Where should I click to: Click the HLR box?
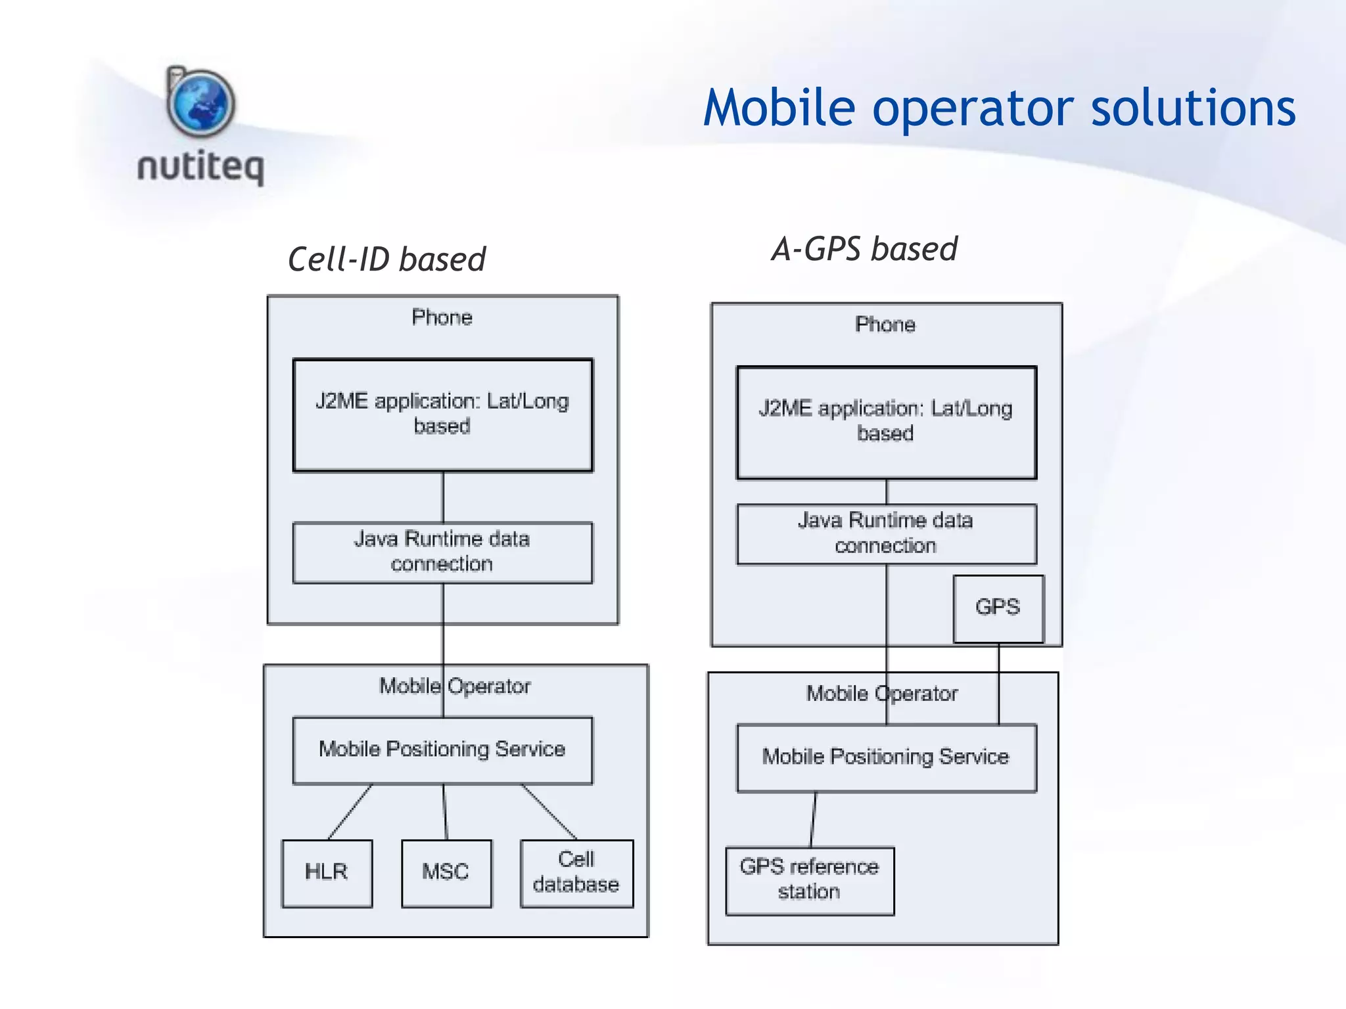point(327,873)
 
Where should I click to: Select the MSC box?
point(446,873)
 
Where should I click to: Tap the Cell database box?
point(576,873)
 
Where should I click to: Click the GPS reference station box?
point(810,880)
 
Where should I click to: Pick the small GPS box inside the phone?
point(998,608)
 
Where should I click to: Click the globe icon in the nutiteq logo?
point(201,104)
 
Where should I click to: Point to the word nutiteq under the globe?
point(201,167)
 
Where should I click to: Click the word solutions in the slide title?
point(1193,108)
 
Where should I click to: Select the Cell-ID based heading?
point(386,259)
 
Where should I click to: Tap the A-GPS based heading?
point(864,250)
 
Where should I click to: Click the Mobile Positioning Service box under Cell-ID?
point(442,750)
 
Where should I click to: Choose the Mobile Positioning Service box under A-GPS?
point(886,757)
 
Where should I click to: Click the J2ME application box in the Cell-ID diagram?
point(442,415)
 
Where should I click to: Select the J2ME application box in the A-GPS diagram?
point(886,422)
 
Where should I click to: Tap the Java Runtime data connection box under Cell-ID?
point(442,552)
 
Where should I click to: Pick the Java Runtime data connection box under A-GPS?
point(886,533)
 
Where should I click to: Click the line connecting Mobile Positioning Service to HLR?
point(350,812)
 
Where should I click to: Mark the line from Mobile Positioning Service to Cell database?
point(549,812)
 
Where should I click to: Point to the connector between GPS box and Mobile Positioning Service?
point(998,684)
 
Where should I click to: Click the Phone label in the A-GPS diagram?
point(885,325)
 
